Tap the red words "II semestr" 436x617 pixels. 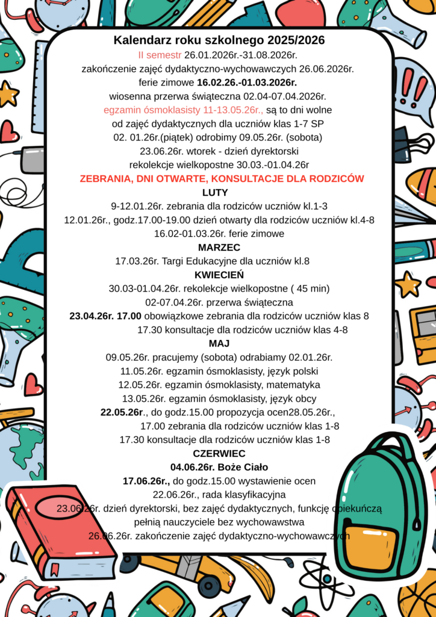(160, 55)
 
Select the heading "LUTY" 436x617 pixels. (215, 193)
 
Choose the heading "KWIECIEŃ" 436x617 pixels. (219, 275)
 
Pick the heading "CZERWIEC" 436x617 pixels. (219, 453)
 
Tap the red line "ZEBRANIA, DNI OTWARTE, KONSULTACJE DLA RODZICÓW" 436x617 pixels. (222, 179)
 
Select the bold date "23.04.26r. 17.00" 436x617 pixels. (105, 316)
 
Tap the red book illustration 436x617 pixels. (60, 530)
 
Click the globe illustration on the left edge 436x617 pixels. (21, 449)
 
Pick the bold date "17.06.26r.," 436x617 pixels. (146, 481)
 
